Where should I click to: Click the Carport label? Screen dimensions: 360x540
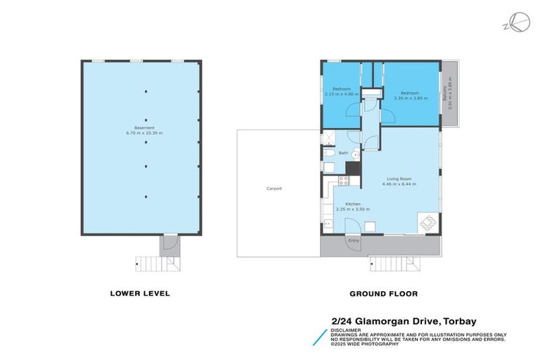274,188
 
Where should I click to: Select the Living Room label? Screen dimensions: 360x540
398,179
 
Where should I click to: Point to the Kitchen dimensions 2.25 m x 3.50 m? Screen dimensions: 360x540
352,209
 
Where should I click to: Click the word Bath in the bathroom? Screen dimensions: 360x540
343,153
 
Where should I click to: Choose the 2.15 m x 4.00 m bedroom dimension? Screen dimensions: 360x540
342,94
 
